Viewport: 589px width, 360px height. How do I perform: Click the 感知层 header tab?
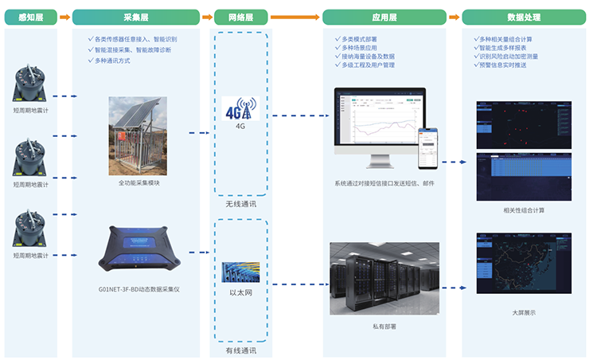pyautogui.click(x=30, y=17)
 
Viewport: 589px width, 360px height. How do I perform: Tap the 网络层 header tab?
pyautogui.click(x=240, y=17)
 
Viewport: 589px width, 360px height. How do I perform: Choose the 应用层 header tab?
pyautogui.click(x=384, y=17)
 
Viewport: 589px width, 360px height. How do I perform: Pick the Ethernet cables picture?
pyautogui.click(x=240, y=272)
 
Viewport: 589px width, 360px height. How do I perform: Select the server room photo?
pyautogui.click(x=384, y=278)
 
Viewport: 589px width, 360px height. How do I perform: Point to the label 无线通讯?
pyautogui.click(x=240, y=204)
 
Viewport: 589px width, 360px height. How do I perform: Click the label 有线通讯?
pyautogui.click(x=240, y=350)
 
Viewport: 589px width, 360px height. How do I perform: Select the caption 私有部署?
pyautogui.click(x=384, y=327)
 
